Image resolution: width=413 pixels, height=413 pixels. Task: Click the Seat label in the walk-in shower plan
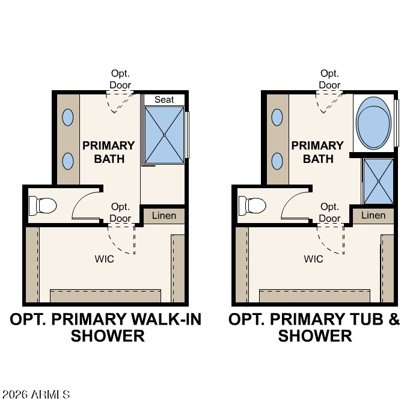tap(164, 100)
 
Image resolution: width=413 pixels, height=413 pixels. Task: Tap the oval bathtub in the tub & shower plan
tap(373, 123)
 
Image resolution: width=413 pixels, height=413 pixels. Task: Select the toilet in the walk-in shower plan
tap(43, 206)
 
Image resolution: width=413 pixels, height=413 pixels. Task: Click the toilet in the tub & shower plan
tap(252, 206)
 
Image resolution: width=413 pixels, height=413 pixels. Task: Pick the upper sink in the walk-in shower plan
tap(68, 117)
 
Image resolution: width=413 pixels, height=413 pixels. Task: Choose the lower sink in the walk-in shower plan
tap(68, 161)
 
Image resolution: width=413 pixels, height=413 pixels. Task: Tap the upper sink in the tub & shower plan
tap(277, 117)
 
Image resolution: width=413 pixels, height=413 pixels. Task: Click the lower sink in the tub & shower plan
tap(277, 161)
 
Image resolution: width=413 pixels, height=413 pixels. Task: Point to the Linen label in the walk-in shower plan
tap(164, 216)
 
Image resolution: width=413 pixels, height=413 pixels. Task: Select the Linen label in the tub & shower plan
tap(373, 215)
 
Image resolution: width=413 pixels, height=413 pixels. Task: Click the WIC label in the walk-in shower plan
tap(105, 259)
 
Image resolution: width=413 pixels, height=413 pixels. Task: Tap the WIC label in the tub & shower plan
tap(313, 259)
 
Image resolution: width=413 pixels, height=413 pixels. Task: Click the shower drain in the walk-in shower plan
tap(164, 135)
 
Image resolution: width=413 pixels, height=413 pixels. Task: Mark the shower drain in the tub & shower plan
tap(379, 181)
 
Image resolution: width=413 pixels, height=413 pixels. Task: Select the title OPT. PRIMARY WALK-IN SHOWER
tap(106, 328)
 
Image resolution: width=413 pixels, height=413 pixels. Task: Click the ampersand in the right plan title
tap(394, 319)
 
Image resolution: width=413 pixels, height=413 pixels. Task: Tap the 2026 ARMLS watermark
tap(36, 394)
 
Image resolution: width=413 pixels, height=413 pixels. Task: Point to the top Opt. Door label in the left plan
tap(120, 79)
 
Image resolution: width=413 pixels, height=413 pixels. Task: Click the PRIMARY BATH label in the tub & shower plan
tap(317, 152)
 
